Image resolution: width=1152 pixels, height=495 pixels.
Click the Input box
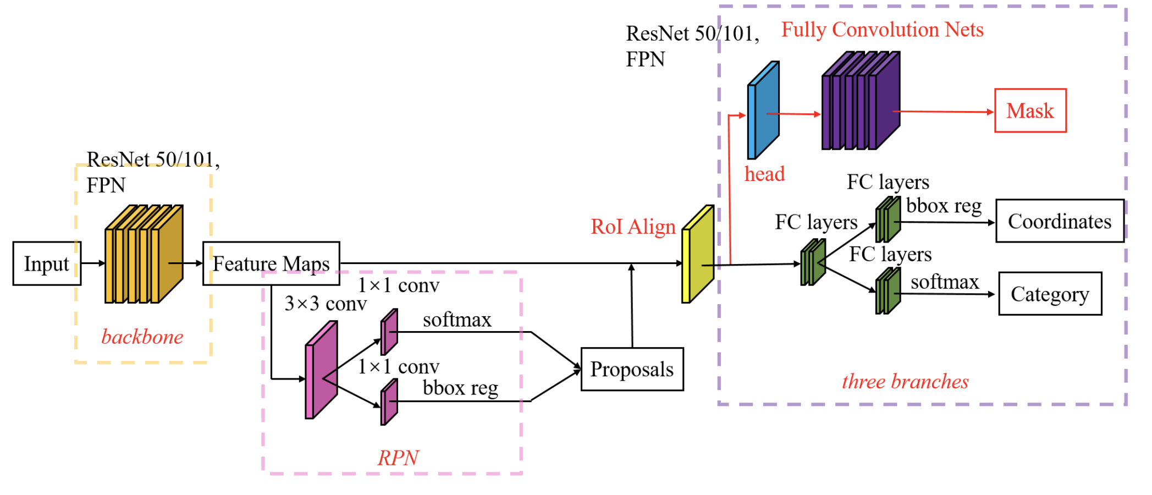[x=47, y=263]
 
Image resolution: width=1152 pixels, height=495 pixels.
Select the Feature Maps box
[x=271, y=263]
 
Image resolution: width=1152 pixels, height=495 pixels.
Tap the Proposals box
[x=632, y=369]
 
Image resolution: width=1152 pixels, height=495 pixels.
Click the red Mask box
[x=1030, y=111]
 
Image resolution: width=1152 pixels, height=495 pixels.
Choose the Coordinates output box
[x=1059, y=221]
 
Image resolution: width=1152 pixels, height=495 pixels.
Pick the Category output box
[x=1049, y=294]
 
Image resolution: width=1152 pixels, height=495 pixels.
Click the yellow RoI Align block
[x=697, y=255]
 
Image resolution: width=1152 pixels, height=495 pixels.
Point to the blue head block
[x=763, y=111]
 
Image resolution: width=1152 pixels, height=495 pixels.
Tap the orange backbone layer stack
[x=143, y=255]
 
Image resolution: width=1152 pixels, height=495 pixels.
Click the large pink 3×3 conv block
[x=321, y=370]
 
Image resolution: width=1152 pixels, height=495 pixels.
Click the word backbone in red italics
[x=142, y=337]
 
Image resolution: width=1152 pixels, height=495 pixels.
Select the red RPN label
[x=398, y=458]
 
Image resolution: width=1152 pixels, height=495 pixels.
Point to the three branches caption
[x=905, y=381]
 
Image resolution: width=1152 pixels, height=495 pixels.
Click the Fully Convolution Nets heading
[x=882, y=30]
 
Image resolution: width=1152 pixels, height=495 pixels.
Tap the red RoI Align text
[x=633, y=227]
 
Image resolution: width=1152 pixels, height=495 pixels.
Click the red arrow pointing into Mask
[x=946, y=112]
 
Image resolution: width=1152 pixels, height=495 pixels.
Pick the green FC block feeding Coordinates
[x=888, y=220]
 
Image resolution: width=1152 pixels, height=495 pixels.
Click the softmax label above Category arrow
[x=944, y=282]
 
